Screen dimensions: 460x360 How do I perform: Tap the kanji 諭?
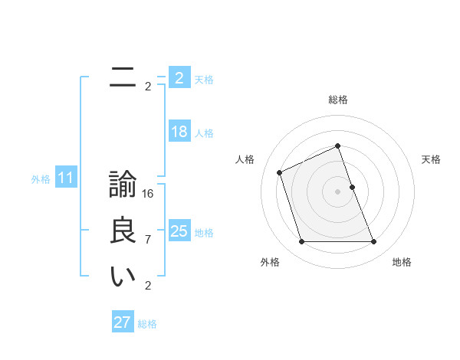(122, 186)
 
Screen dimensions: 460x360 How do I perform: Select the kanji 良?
(122, 231)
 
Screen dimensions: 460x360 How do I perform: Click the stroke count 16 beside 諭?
(148, 194)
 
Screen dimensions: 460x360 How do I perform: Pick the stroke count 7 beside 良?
(148, 240)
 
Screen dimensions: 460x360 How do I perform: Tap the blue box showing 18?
(179, 132)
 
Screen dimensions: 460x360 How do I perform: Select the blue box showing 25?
(179, 231)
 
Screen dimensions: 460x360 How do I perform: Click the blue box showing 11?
(66, 178)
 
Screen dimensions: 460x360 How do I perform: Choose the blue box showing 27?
(123, 322)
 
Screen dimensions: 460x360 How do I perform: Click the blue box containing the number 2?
(179, 78)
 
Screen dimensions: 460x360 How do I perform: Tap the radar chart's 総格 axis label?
(338, 100)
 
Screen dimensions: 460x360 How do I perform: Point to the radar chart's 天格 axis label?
(432, 159)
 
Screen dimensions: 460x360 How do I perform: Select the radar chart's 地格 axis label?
(402, 262)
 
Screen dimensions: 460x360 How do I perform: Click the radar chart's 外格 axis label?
(270, 262)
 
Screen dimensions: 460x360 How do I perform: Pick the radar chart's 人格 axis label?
(245, 159)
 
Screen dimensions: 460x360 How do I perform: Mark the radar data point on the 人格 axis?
(280, 172)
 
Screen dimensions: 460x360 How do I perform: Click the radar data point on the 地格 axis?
(374, 242)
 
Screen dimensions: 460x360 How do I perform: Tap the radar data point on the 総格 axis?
(338, 146)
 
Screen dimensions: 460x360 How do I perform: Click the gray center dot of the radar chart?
(338, 191)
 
